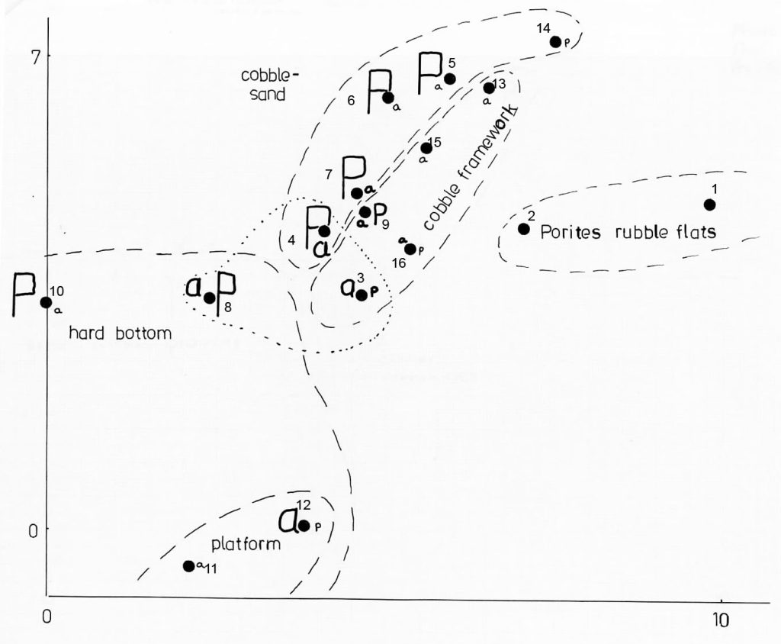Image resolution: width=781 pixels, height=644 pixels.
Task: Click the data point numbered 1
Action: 709,204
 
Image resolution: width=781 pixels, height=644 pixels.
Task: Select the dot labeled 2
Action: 524,229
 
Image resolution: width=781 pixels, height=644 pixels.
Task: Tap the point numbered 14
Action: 556,41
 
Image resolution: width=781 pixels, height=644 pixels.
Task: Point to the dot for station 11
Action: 188,565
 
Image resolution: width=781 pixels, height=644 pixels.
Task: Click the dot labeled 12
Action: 304,525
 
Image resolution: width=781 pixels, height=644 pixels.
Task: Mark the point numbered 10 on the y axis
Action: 46,302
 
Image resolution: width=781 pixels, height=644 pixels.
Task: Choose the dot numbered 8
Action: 210,298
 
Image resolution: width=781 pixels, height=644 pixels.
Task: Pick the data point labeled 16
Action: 410,249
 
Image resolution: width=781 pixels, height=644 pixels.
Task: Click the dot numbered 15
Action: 426,148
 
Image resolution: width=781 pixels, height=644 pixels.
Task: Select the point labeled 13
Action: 489,88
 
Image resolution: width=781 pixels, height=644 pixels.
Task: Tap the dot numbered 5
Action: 450,79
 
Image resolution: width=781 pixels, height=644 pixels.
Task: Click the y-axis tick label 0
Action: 33,529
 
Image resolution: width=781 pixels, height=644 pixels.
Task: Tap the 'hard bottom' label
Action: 120,333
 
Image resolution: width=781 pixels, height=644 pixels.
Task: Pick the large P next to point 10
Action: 25,296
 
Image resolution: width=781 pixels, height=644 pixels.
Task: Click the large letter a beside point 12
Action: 288,521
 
